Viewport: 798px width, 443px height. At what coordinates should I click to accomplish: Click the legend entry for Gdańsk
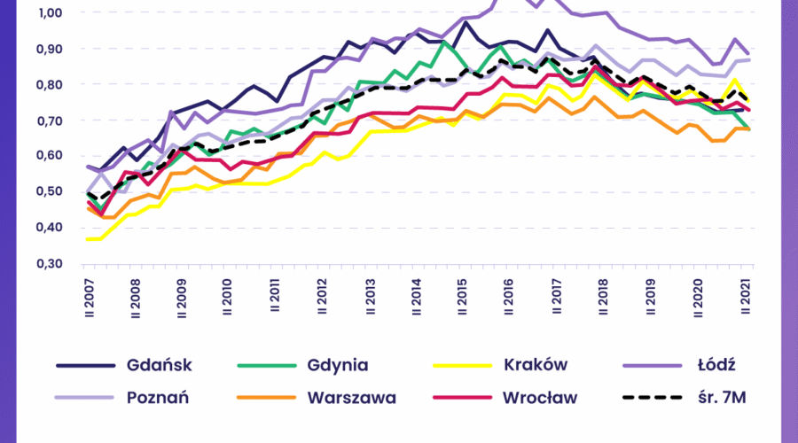point(160,365)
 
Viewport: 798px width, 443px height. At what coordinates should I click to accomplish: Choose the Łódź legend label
point(715,365)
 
